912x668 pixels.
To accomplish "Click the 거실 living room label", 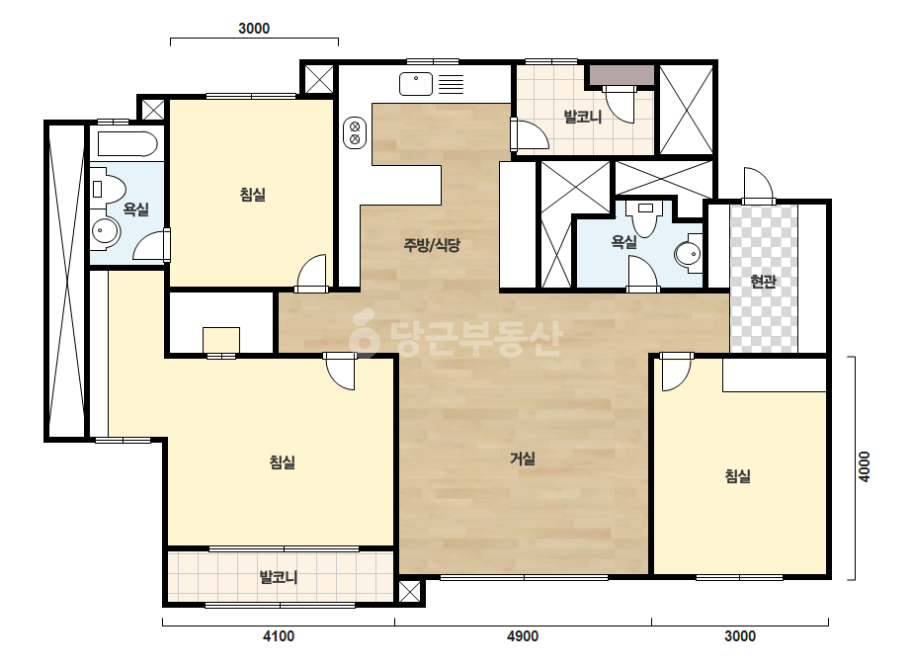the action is click(x=523, y=459).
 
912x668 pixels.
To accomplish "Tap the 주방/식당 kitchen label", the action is click(x=432, y=245).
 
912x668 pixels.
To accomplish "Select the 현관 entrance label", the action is click(x=763, y=282).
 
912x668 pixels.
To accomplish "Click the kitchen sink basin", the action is click(x=416, y=84).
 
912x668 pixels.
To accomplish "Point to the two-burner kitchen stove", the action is click(x=355, y=132).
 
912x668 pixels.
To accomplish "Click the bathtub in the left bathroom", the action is click(x=127, y=143).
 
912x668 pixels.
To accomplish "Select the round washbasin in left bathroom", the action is click(x=105, y=231).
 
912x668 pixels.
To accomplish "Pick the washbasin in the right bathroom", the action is click(x=690, y=254).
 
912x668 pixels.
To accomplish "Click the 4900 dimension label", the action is click(x=523, y=636).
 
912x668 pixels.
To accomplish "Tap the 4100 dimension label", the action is click(x=279, y=636).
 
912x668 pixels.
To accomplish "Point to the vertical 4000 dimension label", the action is click(x=865, y=466).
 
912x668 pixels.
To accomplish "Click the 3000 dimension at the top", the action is click(x=254, y=29).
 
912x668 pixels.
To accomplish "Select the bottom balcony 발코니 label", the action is click(x=279, y=577).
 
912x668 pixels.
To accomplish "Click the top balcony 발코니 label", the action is click(x=583, y=117).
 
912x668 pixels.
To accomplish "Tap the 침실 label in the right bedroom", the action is click(x=737, y=476).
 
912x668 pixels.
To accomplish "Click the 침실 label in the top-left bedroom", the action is click(x=252, y=195).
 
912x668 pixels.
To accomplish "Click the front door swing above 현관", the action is click(x=759, y=185).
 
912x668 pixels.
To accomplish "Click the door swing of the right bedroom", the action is click(x=677, y=373).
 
